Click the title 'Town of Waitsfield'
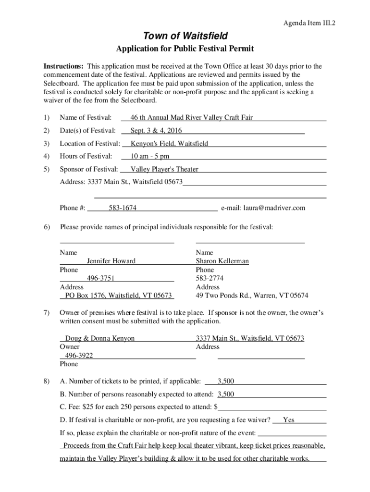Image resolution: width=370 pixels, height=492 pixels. click(185, 36)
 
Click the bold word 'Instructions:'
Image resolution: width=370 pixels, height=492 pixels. click(64, 66)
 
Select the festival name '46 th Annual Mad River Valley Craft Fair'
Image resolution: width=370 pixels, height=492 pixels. click(192, 118)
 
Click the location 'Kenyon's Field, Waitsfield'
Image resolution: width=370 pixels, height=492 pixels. click(169, 144)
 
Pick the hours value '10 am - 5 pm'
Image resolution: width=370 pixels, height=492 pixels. click(150, 157)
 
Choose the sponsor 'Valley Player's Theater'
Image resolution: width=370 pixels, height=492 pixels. click(164, 170)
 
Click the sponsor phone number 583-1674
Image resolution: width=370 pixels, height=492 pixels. click(123, 208)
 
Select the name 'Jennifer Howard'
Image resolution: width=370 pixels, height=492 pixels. click(111, 261)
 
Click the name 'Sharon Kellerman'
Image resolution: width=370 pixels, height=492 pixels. click(222, 261)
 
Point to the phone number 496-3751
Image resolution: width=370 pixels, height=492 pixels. click(100, 279)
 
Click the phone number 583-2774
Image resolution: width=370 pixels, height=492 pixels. click(210, 279)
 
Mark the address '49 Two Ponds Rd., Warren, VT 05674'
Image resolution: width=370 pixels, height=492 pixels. click(252, 296)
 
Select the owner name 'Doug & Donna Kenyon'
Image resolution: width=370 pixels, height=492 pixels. click(100, 339)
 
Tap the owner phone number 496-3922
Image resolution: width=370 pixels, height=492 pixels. click(79, 356)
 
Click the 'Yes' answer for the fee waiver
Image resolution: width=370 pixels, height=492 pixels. click(289, 420)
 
